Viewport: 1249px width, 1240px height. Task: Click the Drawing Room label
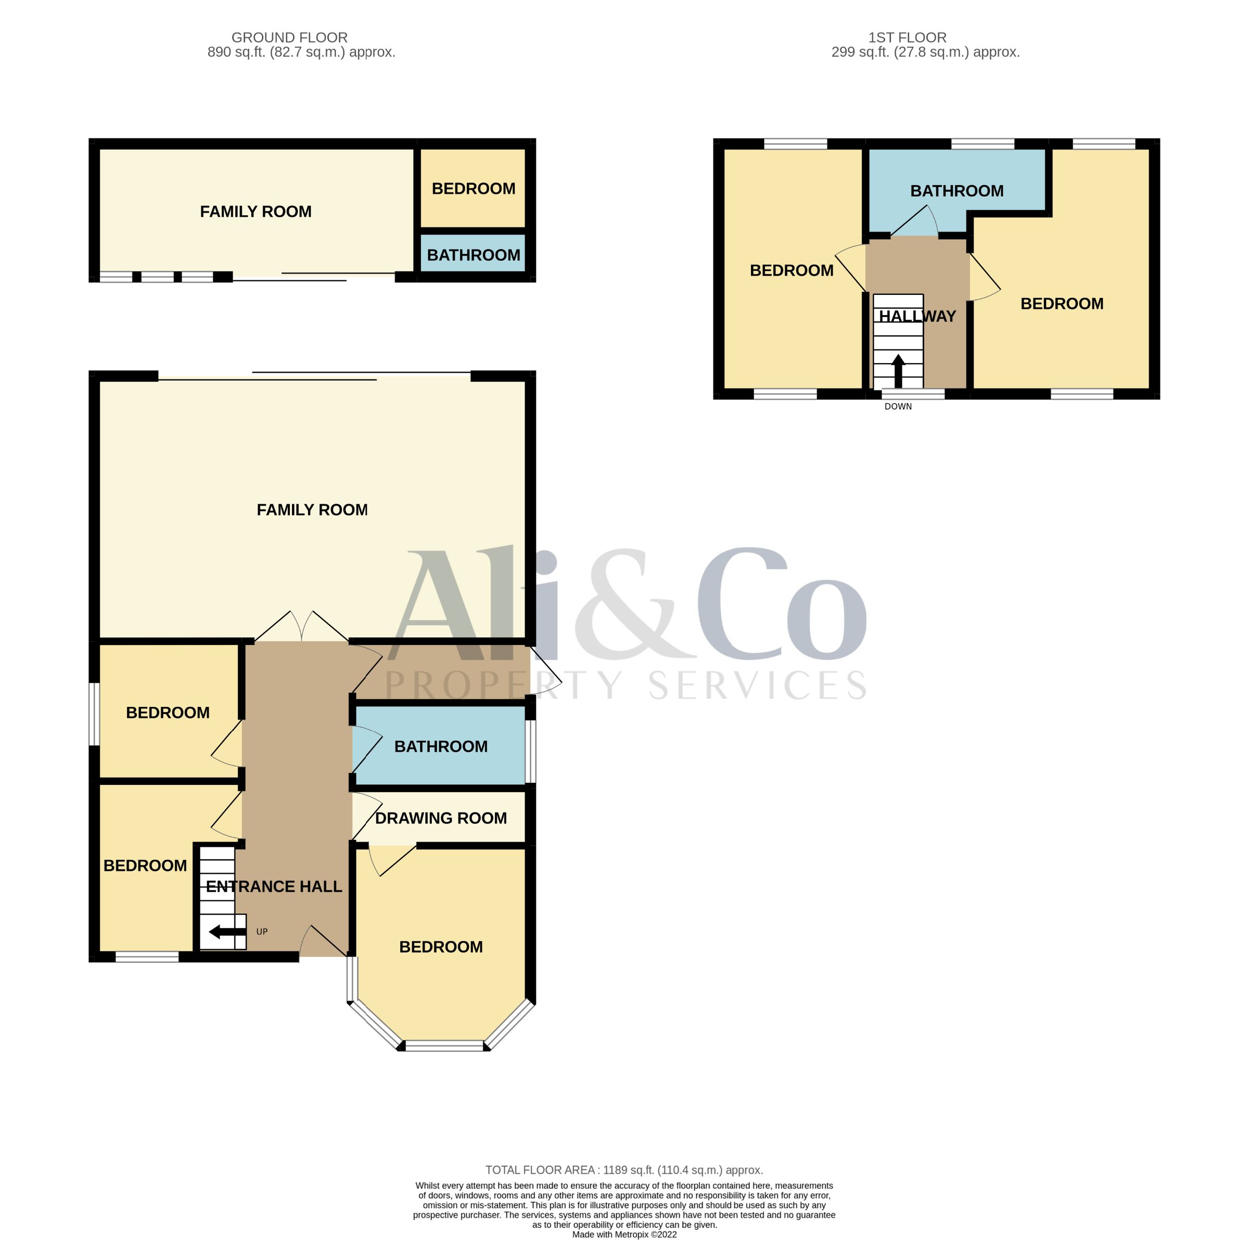(x=441, y=818)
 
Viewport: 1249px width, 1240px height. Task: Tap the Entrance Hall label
(x=274, y=886)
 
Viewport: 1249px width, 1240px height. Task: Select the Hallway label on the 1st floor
(x=917, y=316)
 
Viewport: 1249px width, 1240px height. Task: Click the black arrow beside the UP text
(x=227, y=932)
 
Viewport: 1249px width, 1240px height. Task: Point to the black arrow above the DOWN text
(x=898, y=371)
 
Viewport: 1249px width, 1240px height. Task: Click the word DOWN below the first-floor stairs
(x=898, y=406)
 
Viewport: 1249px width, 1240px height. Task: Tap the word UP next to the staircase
(x=262, y=932)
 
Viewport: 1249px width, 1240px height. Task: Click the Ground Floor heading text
(x=290, y=37)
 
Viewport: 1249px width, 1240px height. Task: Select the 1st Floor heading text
(x=907, y=37)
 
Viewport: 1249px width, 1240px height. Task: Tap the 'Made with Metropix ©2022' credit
(x=624, y=1235)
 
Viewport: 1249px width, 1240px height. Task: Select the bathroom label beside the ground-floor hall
(x=441, y=746)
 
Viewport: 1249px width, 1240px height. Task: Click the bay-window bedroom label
(x=441, y=947)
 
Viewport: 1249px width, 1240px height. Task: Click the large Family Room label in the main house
(x=312, y=510)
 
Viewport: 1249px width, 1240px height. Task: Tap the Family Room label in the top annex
(x=256, y=211)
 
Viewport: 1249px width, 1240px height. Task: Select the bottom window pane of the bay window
(x=444, y=1045)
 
